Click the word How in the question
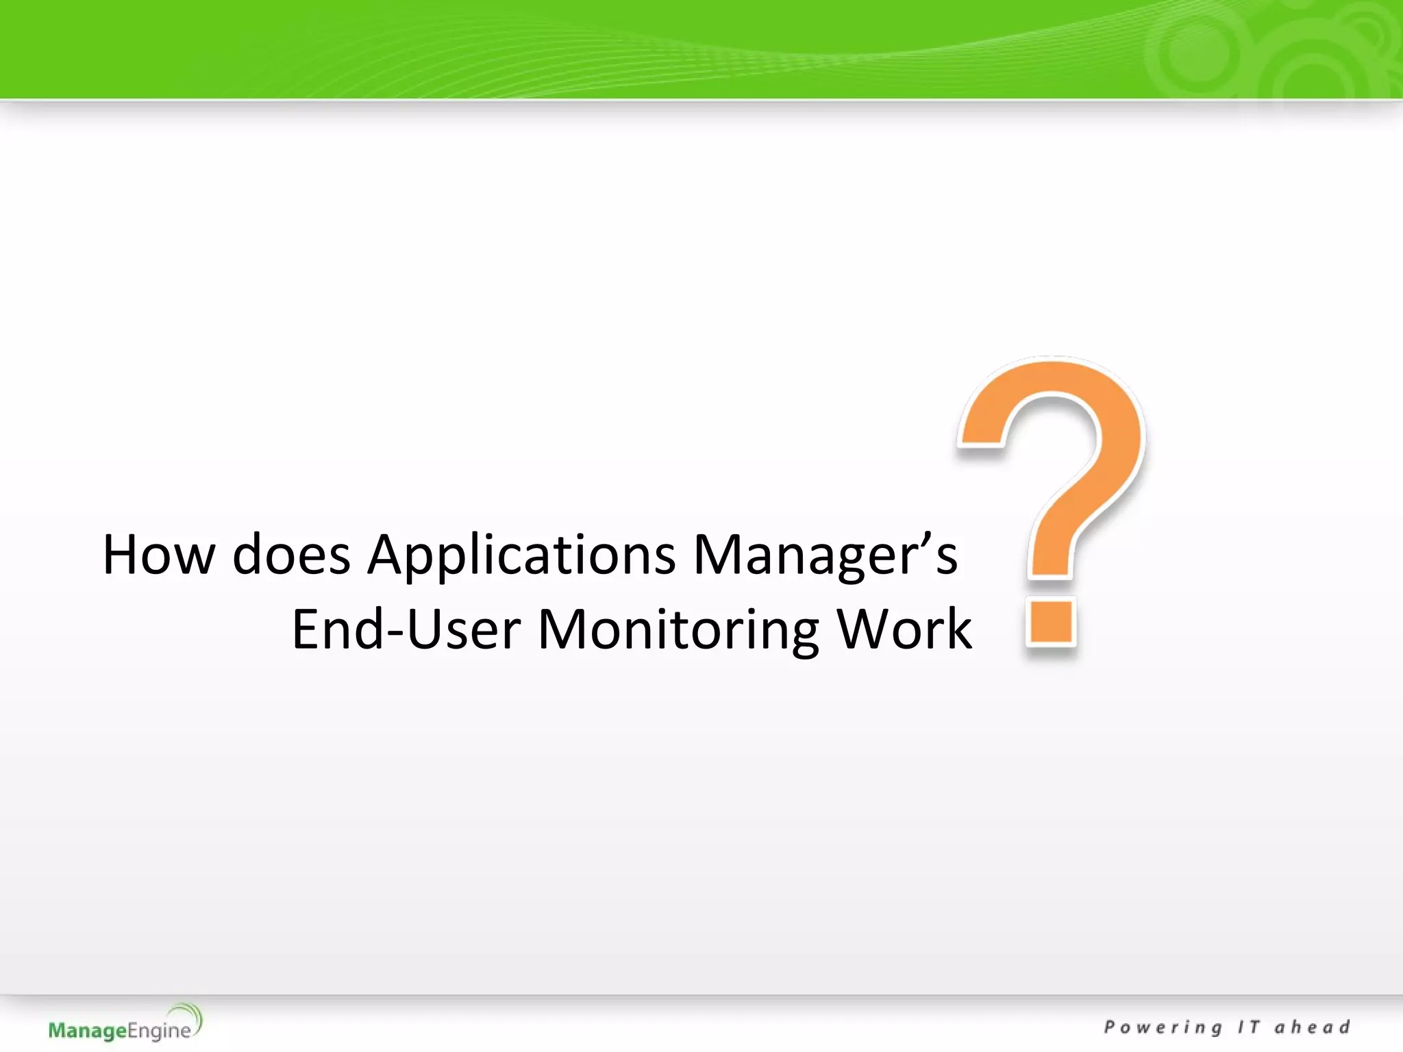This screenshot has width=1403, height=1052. coord(158,554)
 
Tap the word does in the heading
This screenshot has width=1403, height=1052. coord(291,554)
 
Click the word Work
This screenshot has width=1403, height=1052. coord(904,629)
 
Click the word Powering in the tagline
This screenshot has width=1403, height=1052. coord(1163,1027)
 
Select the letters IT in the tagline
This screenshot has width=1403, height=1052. coord(1248,1027)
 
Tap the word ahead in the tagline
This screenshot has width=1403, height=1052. coord(1312,1027)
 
